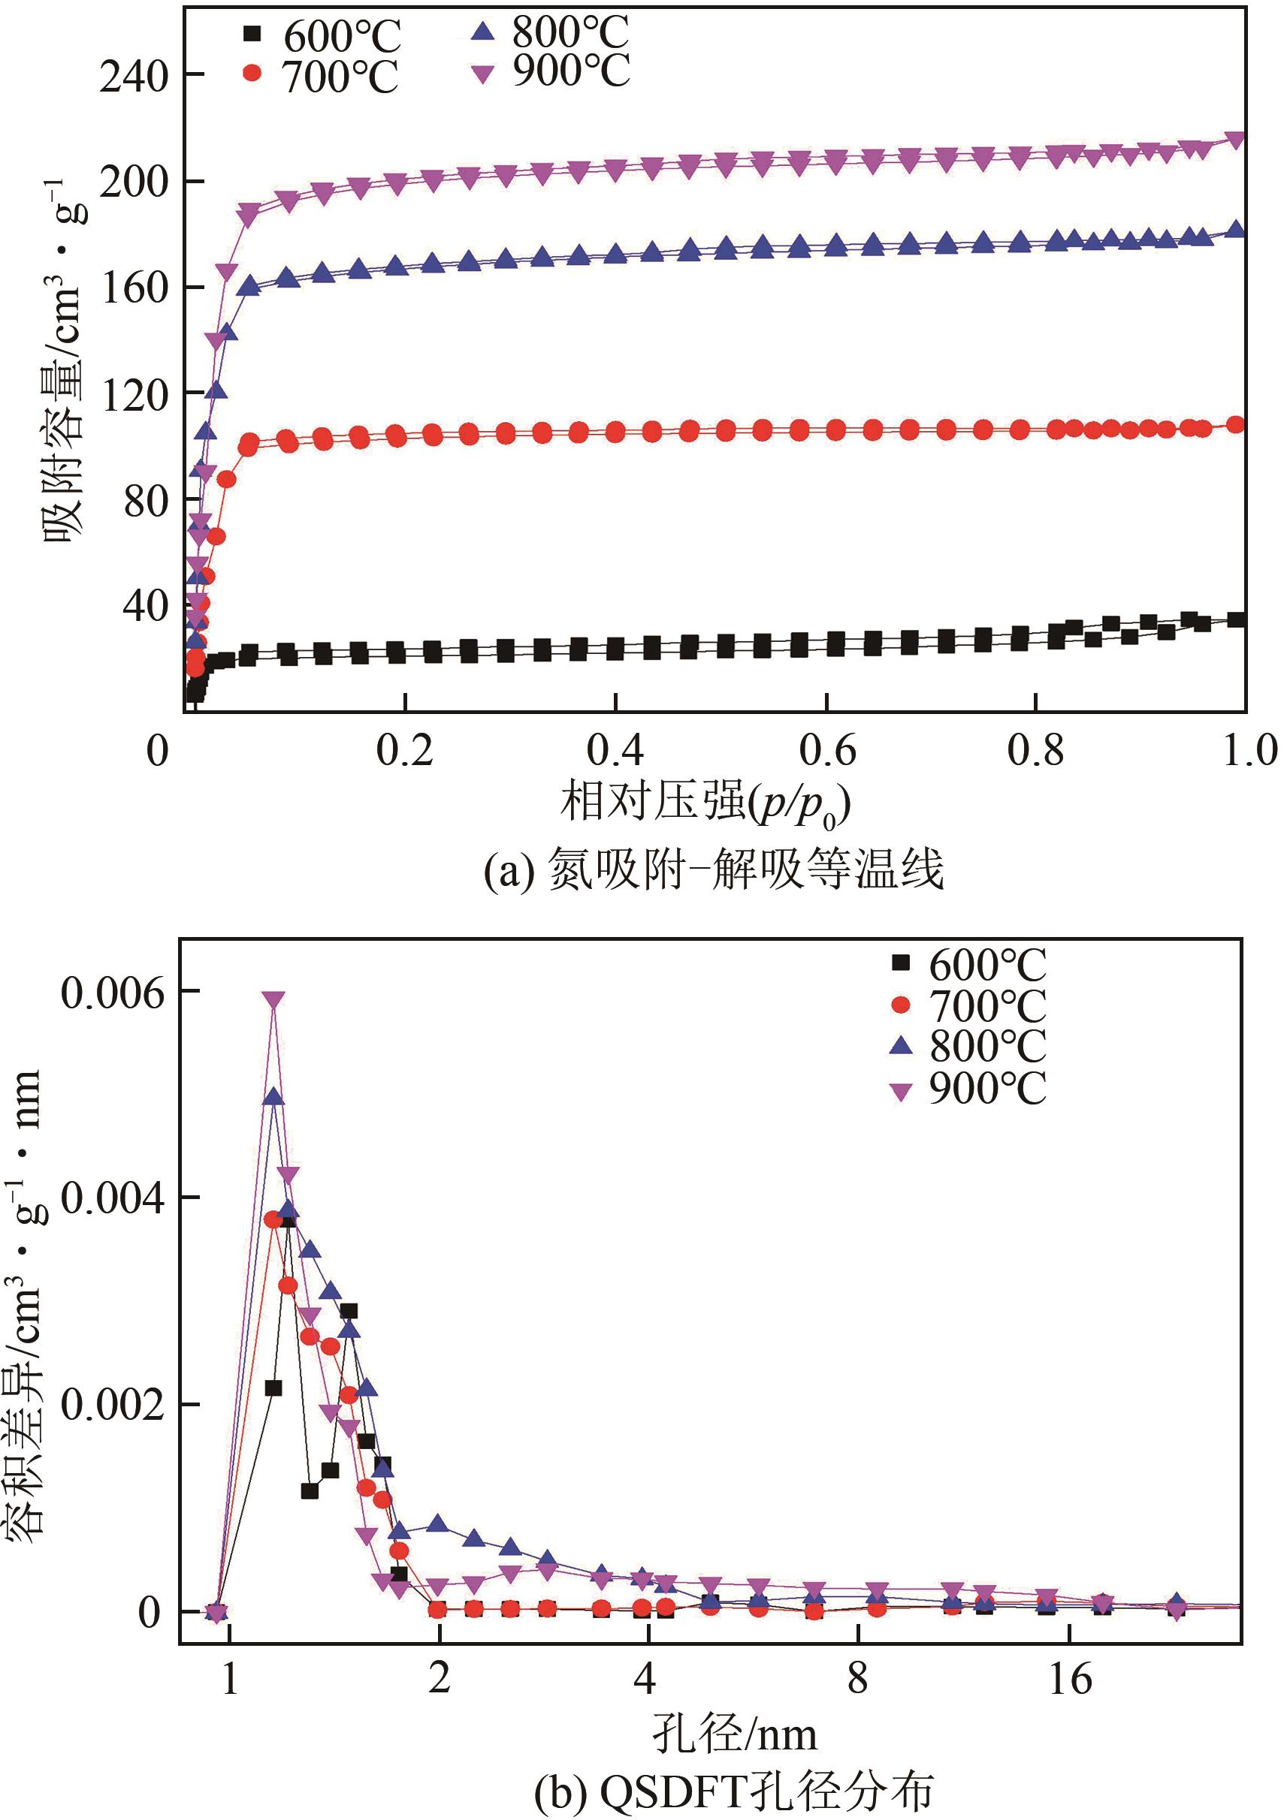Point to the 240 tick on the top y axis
click(x=134, y=77)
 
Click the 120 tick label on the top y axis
click(x=134, y=395)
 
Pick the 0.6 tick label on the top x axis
click(x=827, y=750)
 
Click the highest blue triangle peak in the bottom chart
click(x=273, y=1098)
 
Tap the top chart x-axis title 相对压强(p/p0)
click(x=705, y=803)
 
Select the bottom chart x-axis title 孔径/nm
click(x=734, y=1735)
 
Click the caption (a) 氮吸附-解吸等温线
click(x=714, y=870)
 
